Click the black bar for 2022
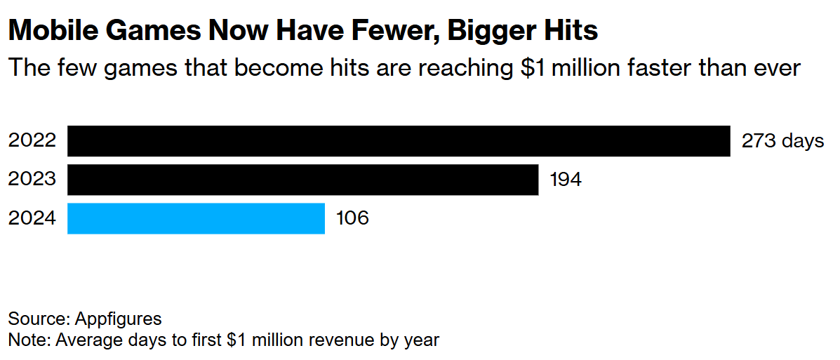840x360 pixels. pyautogui.click(x=399, y=141)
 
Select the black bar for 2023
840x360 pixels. pyautogui.click(x=302, y=180)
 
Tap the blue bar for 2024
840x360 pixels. pyautogui.click(x=196, y=218)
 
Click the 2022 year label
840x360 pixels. pyautogui.click(x=32, y=141)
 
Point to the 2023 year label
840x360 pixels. pyautogui.click(x=32, y=180)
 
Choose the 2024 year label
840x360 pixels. pyautogui.click(x=32, y=218)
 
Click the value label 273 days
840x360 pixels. pyautogui.click(x=782, y=141)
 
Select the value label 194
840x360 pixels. pyautogui.click(x=566, y=180)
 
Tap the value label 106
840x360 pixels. pyautogui.click(x=352, y=218)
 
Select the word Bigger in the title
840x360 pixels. pyautogui.click(x=493, y=31)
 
